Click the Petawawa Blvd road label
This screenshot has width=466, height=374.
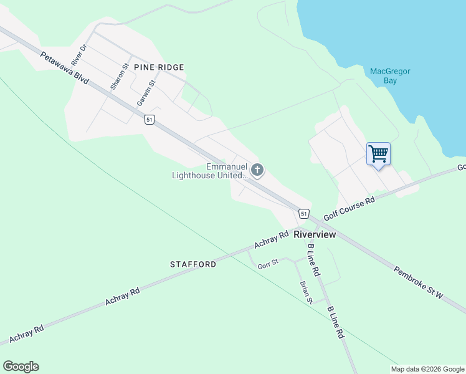(65, 69)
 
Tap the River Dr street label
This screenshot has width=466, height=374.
(78, 55)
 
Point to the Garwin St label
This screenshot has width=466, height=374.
(146, 92)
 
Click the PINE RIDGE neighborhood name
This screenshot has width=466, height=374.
(158, 67)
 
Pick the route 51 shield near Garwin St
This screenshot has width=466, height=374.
(149, 120)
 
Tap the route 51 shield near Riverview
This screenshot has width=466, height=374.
(303, 213)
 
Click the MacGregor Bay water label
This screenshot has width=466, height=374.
(390, 76)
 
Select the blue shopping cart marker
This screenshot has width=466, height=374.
(378, 153)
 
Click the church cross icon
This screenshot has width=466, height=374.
(257, 170)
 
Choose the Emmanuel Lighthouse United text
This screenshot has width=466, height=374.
(210, 171)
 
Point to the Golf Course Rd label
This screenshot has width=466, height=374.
(353, 209)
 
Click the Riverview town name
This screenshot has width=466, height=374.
(315, 234)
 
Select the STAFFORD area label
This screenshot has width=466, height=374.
(193, 264)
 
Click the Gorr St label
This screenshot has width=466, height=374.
(268, 264)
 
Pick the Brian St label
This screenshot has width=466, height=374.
(305, 292)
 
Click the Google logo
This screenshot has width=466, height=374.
(21, 367)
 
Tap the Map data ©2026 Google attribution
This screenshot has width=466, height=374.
(428, 369)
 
